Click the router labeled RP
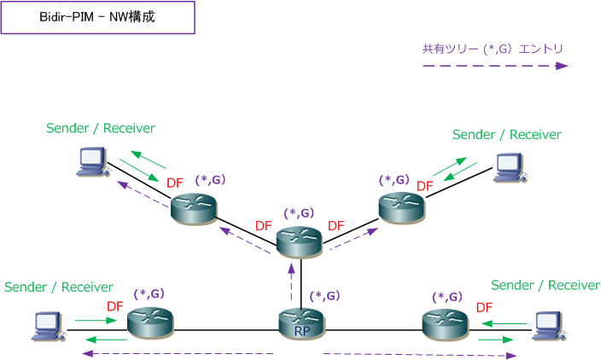point(300,324)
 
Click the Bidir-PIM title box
point(97,17)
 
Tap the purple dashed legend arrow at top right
point(495,66)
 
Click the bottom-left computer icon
point(44,325)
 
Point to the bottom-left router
point(150,322)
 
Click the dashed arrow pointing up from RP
point(292,282)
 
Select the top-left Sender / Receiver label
point(101,128)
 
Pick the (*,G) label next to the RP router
point(325,296)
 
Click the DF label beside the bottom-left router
point(115,305)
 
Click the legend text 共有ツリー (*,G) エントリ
point(493,49)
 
